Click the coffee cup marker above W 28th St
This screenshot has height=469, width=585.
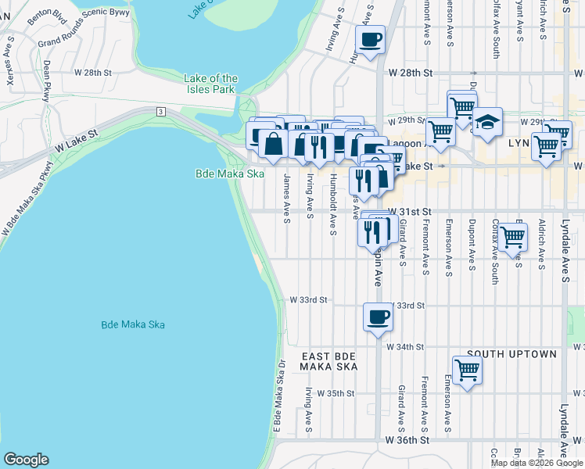(371, 38)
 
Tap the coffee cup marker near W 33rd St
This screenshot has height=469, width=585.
(378, 317)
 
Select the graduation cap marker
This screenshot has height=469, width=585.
(486, 122)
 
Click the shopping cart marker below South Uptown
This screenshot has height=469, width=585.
(467, 371)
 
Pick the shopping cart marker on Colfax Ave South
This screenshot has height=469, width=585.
(512, 237)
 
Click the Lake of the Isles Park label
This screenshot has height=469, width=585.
(210, 84)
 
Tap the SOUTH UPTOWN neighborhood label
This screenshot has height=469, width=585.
(511, 354)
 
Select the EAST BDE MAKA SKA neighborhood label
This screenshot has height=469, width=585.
(329, 361)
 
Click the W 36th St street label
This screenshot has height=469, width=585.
(409, 441)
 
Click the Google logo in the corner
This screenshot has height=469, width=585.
(26, 460)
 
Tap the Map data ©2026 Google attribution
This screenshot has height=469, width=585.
(536, 463)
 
